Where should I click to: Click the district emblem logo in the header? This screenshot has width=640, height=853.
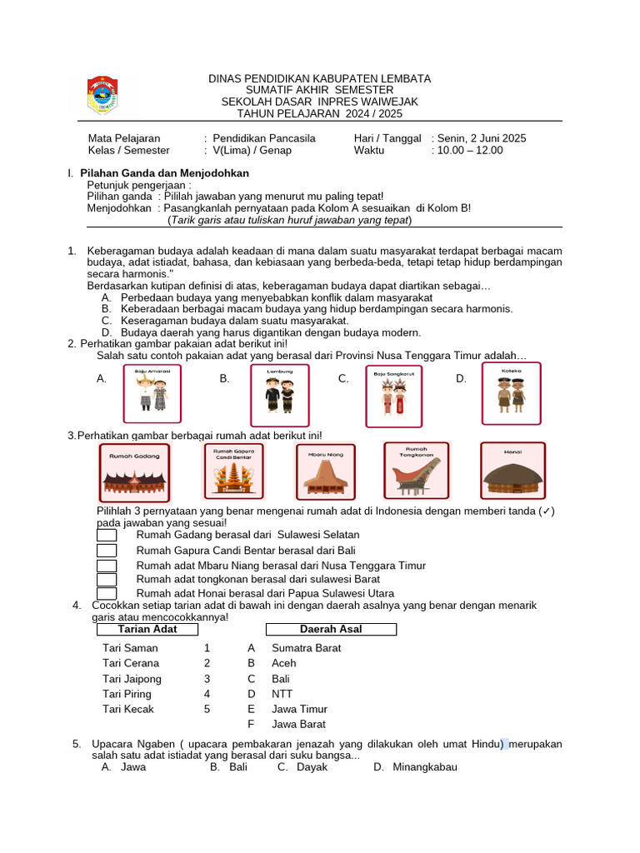104,95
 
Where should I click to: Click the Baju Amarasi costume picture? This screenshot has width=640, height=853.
152,393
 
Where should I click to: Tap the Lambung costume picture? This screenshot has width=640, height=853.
280,395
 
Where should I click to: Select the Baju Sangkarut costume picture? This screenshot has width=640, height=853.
394,397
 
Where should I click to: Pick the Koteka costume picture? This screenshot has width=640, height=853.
511,393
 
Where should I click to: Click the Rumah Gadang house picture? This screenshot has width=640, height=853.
135,472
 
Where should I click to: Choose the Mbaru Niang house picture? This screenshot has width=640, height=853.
326,472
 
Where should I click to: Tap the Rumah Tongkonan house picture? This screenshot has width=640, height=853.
416,471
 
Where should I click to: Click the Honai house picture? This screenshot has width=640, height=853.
512,471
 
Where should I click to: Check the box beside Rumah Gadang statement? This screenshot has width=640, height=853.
107,535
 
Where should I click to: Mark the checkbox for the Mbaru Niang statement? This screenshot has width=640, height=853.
107,566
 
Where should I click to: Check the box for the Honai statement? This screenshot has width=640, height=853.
107,593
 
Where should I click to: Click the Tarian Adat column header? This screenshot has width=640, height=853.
147,630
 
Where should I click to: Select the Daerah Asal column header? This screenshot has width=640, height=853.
331,630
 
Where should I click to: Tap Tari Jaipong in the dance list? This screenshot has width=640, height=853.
132,679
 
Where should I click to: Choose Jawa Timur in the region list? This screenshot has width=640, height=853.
299,709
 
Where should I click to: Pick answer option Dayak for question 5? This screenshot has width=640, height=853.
310,767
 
